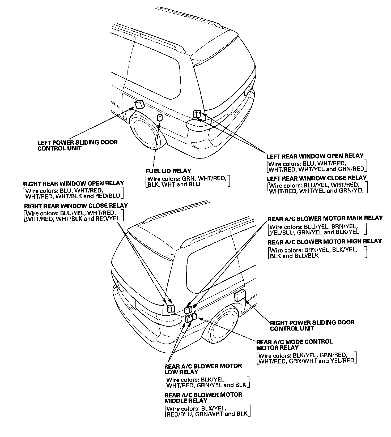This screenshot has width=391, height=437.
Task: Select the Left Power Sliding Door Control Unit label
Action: (77, 145)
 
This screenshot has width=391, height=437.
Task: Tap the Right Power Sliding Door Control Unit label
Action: (312, 325)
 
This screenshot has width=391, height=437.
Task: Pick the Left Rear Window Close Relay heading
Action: (317, 178)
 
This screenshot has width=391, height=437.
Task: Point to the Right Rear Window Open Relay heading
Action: (74, 183)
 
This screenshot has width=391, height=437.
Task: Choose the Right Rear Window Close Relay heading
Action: (76, 206)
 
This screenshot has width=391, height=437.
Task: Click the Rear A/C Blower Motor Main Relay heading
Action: (325, 219)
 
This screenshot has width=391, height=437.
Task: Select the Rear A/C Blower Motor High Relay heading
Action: (325, 242)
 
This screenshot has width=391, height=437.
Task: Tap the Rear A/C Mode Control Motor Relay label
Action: (294, 345)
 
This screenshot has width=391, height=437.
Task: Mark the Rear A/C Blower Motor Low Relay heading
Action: (203, 369)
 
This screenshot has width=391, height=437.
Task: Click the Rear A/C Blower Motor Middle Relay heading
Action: (203, 398)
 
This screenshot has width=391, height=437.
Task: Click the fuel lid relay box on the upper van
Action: (160, 118)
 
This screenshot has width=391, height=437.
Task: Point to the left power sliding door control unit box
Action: (139, 104)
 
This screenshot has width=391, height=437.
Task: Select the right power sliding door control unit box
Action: (240, 295)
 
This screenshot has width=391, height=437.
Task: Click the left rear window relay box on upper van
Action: (197, 114)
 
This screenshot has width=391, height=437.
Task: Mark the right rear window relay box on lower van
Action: (170, 308)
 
